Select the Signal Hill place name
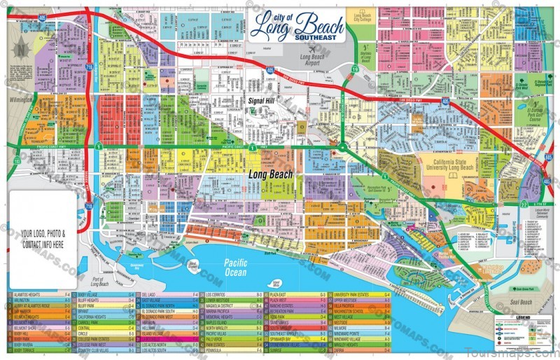coord(263,101)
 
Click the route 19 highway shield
coord(355,69)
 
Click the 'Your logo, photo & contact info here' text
coord(43,237)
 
